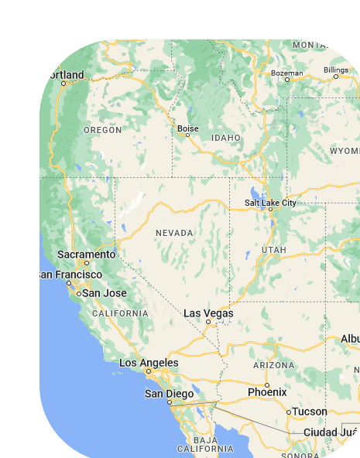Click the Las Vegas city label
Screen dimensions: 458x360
pos(208,313)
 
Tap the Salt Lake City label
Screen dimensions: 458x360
pos(270,203)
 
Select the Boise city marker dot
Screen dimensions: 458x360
pos(187,135)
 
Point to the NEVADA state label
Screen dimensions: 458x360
pos(174,233)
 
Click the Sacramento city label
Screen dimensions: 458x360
pos(86,255)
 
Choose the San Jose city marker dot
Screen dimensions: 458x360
pos(78,294)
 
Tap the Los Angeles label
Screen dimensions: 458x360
pos(149,363)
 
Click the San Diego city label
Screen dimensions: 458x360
pos(170,394)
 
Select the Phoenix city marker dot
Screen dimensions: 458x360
pos(266,385)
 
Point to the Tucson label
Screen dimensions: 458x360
pos(310,412)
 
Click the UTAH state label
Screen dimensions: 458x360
pos(274,250)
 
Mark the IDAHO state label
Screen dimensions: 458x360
pos(226,138)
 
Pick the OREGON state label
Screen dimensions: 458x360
pos(102,130)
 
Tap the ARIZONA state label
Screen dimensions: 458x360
pos(273,365)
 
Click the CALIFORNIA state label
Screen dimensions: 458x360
pos(120,313)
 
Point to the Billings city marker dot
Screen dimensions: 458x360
pos(336,77)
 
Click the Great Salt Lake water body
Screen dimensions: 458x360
pos(254,193)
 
